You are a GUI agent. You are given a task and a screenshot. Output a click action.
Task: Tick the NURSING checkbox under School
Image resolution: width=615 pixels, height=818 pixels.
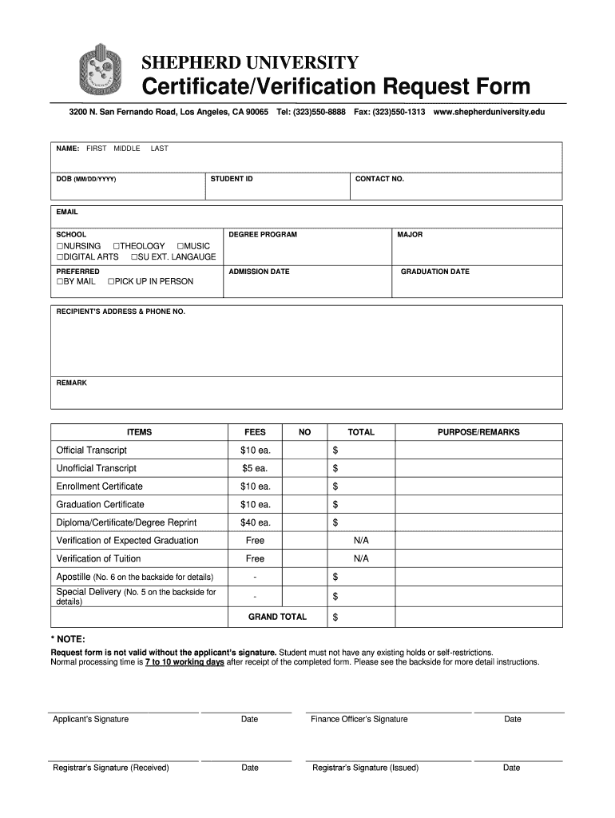pyautogui.click(x=59, y=246)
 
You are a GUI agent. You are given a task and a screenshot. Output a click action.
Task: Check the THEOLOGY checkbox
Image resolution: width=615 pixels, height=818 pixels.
pyautogui.click(x=117, y=246)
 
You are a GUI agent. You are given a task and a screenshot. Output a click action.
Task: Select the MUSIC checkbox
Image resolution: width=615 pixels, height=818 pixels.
pyautogui.click(x=181, y=246)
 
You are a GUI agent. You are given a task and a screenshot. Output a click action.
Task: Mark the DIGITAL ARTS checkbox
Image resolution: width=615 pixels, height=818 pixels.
pyautogui.click(x=59, y=257)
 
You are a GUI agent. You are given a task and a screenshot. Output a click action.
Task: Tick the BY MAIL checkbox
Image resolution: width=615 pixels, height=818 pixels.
pyautogui.click(x=59, y=282)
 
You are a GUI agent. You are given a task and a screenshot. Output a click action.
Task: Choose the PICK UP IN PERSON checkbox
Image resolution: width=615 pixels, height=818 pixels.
pyautogui.click(x=111, y=282)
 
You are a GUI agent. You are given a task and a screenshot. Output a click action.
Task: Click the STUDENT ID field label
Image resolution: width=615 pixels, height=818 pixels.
pyautogui.click(x=232, y=179)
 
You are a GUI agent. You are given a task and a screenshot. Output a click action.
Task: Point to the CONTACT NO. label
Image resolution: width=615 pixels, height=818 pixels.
pyautogui.click(x=379, y=179)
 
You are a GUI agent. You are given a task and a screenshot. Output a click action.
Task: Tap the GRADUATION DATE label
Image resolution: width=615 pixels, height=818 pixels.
pyautogui.click(x=434, y=272)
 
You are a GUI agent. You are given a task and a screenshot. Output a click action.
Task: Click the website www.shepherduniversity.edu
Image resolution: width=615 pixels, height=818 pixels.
pyautogui.click(x=489, y=113)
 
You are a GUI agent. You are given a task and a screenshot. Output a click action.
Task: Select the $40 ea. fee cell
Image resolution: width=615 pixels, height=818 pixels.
pyautogui.click(x=256, y=522)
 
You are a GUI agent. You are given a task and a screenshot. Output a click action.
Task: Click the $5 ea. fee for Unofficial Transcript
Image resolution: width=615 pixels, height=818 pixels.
pyautogui.click(x=256, y=468)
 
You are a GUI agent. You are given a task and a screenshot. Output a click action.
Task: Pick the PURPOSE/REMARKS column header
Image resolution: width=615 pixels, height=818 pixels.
pyautogui.click(x=478, y=432)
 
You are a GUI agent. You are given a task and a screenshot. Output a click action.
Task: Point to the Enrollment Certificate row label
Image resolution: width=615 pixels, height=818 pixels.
pyautogui.click(x=100, y=486)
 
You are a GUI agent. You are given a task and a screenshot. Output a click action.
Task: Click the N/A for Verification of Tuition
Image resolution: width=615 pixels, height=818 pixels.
pyautogui.click(x=361, y=559)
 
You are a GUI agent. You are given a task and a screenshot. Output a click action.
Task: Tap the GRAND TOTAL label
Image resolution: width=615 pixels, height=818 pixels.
pyautogui.click(x=277, y=617)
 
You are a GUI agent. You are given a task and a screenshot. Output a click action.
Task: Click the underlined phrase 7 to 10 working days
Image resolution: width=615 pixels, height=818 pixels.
pyautogui.click(x=184, y=662)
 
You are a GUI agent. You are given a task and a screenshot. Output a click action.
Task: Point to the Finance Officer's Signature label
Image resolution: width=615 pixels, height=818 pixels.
pyautogui.click(x=359, y=719)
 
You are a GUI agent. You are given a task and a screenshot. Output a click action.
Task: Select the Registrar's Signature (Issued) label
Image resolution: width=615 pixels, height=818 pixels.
pyautogui.click(x=366, y=768)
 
